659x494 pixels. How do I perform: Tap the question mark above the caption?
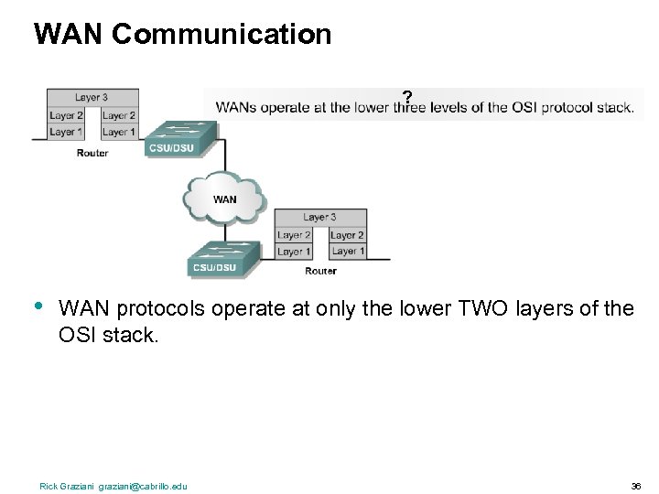coord(406,95)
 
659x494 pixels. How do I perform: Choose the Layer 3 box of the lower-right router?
coord(320,218)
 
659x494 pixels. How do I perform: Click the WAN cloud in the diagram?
coord(223,196)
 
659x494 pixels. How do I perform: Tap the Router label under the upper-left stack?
coord(92,153)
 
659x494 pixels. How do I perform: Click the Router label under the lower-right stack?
coord(320,271)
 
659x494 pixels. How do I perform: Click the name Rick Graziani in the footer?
coord(59,486)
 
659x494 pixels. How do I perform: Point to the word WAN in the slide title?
coord(62,35)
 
